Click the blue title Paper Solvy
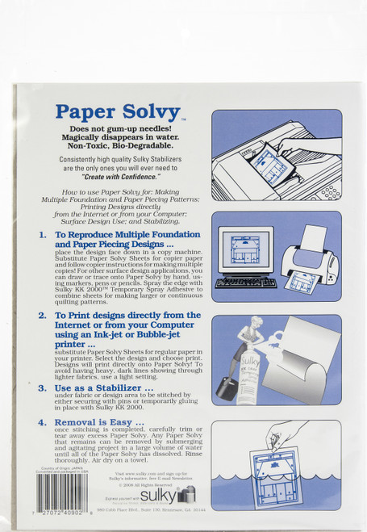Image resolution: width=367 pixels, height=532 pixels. pyautogui.click(x=118, y=112)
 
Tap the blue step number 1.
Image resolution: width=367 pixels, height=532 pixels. pyautogui.click(x=42, y=235)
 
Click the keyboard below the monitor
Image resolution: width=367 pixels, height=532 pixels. pyautogui.click(x=246, y=283)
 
